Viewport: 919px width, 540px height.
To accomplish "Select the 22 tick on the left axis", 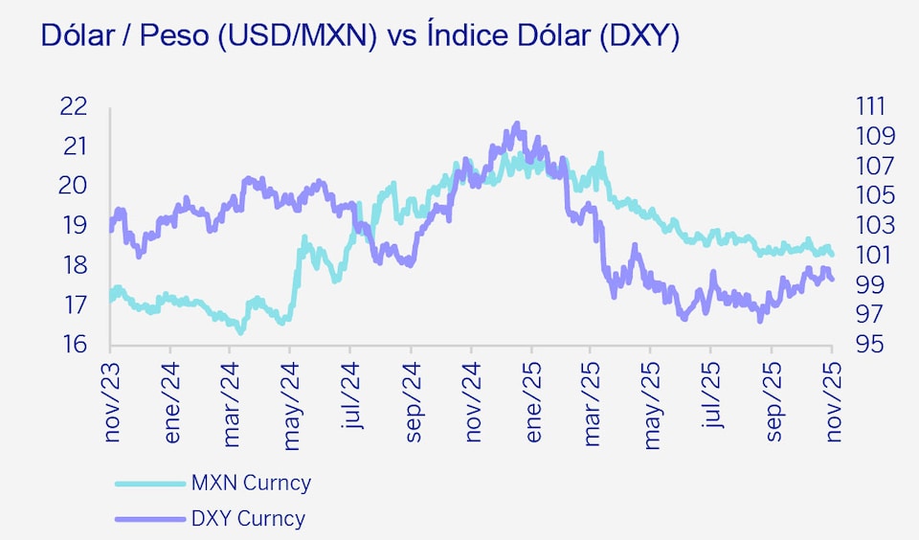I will click(74, 106).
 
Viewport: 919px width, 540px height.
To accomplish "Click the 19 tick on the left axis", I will click(74, 226).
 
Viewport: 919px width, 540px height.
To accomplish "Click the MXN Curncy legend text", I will click(251, 483).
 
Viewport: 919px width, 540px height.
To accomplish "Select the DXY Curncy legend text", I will click(248, 520).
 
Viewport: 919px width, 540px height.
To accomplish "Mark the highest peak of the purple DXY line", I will click(517, 124).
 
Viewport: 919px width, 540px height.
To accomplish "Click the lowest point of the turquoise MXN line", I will click(240, 331).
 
